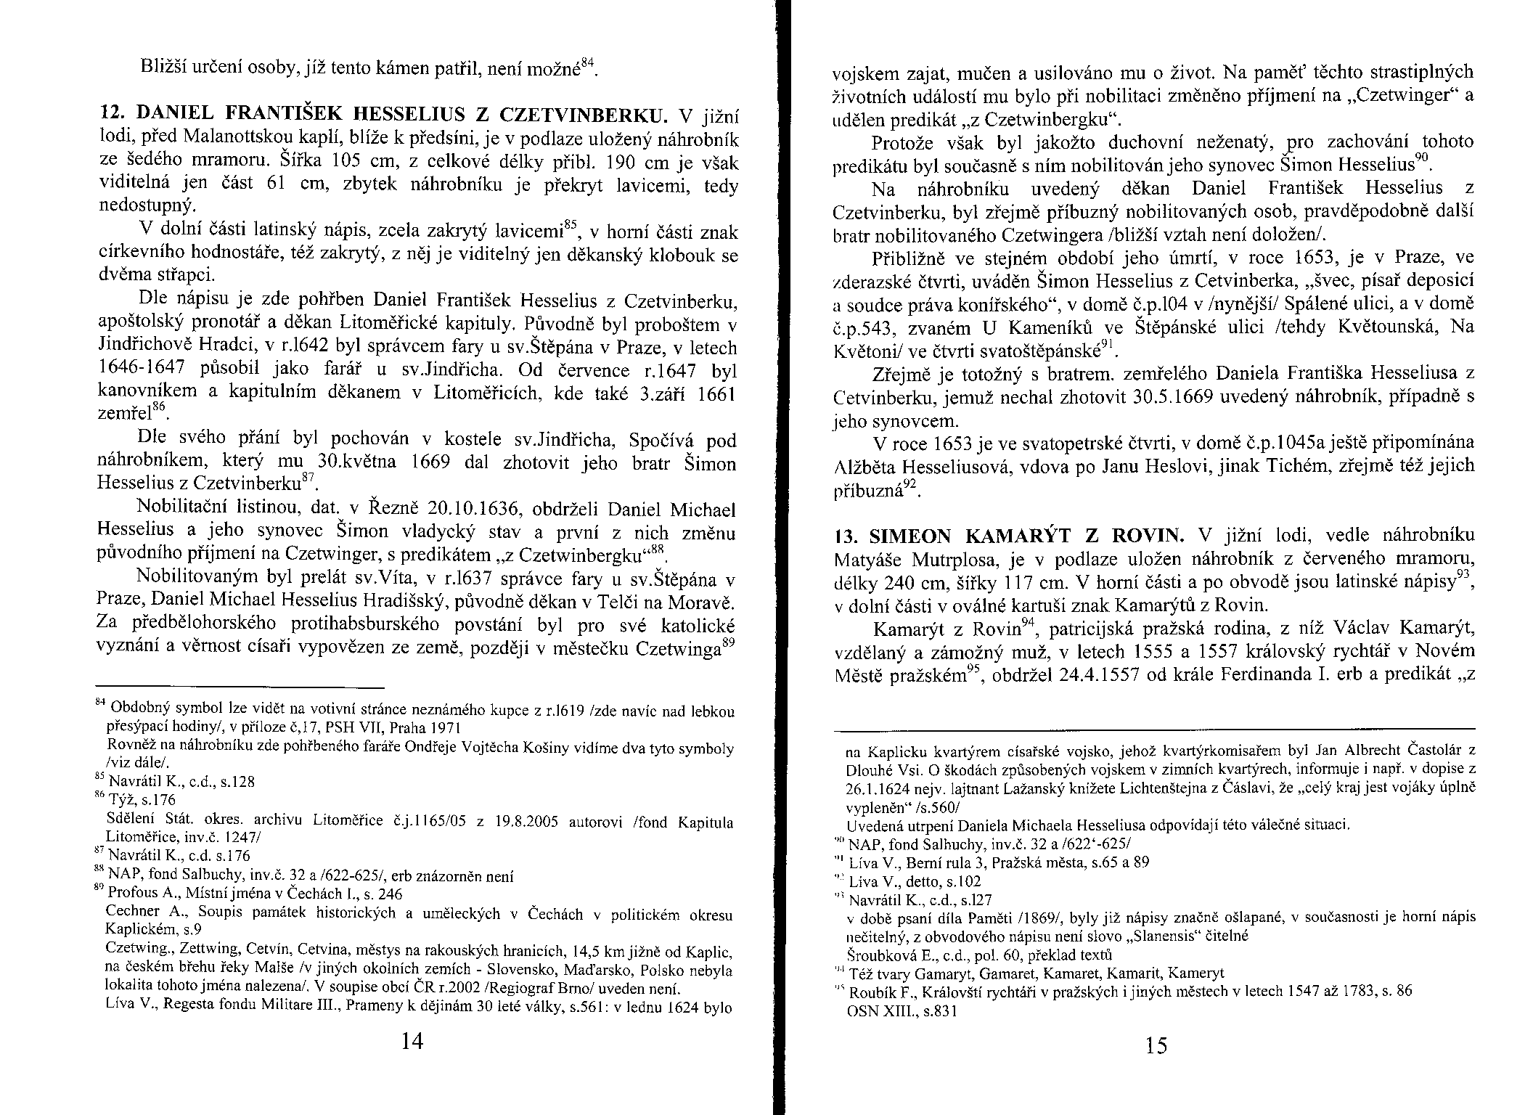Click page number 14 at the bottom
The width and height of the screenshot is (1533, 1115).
point(412,1041)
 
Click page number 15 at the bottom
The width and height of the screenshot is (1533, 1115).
point(1156,1045)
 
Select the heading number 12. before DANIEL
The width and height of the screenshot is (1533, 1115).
point(110,113)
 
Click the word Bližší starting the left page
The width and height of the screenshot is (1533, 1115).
point(163,69)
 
